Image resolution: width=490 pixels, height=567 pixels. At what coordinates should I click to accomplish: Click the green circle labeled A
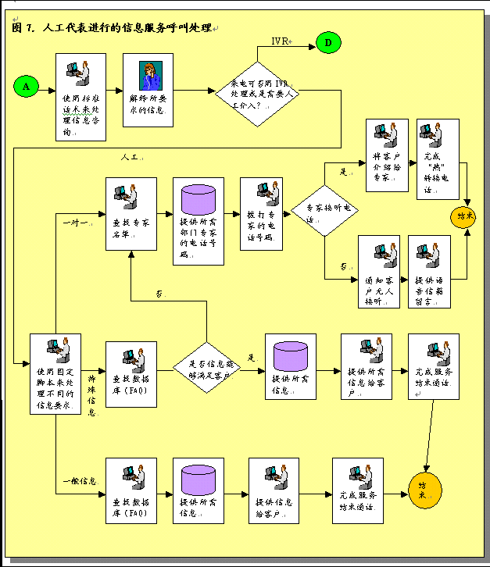(26, 87)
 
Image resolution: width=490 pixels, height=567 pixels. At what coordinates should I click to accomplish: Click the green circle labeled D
(329, 44)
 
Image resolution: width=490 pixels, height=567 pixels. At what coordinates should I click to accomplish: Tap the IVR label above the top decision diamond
(281, 41)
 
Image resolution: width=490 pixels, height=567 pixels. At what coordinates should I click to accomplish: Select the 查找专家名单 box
(131, 213)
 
